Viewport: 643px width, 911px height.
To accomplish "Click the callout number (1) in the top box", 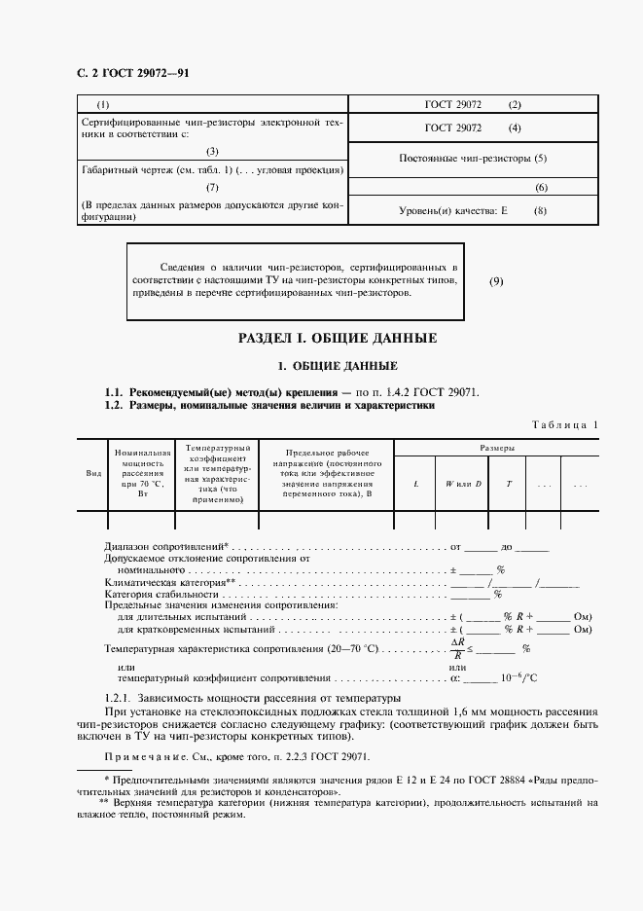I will pos(104,104).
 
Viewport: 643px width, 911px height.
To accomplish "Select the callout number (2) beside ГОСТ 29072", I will pos(515,104).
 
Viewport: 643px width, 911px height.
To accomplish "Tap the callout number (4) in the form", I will pos(515,128).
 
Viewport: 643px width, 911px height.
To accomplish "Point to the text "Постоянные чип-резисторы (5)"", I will pos(473,158).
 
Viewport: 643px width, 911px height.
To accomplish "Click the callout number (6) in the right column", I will pos(542,187).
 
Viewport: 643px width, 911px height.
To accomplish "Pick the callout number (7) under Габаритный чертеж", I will pos(213,187).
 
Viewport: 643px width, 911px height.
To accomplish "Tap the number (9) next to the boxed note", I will pos(496,281).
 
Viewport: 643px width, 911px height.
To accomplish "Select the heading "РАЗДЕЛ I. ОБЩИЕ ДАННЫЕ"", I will pos(338,339).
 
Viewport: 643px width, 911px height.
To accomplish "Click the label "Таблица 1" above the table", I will pos(566,424).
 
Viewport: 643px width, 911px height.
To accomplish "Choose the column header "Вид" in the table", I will pos(94,472).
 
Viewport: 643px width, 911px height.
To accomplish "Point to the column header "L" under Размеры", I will pos(416,484).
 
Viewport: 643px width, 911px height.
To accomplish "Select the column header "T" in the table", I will pos(508,484).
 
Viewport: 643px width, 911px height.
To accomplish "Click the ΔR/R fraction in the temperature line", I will pos(457,649).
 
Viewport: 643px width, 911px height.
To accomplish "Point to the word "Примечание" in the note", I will pos(140,756).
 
